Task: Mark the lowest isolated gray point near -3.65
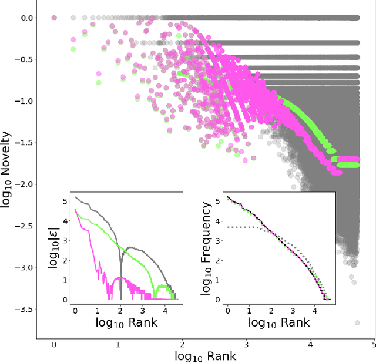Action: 357,322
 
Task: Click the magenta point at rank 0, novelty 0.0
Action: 54,18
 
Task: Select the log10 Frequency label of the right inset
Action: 206,248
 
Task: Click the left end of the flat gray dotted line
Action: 227,227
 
